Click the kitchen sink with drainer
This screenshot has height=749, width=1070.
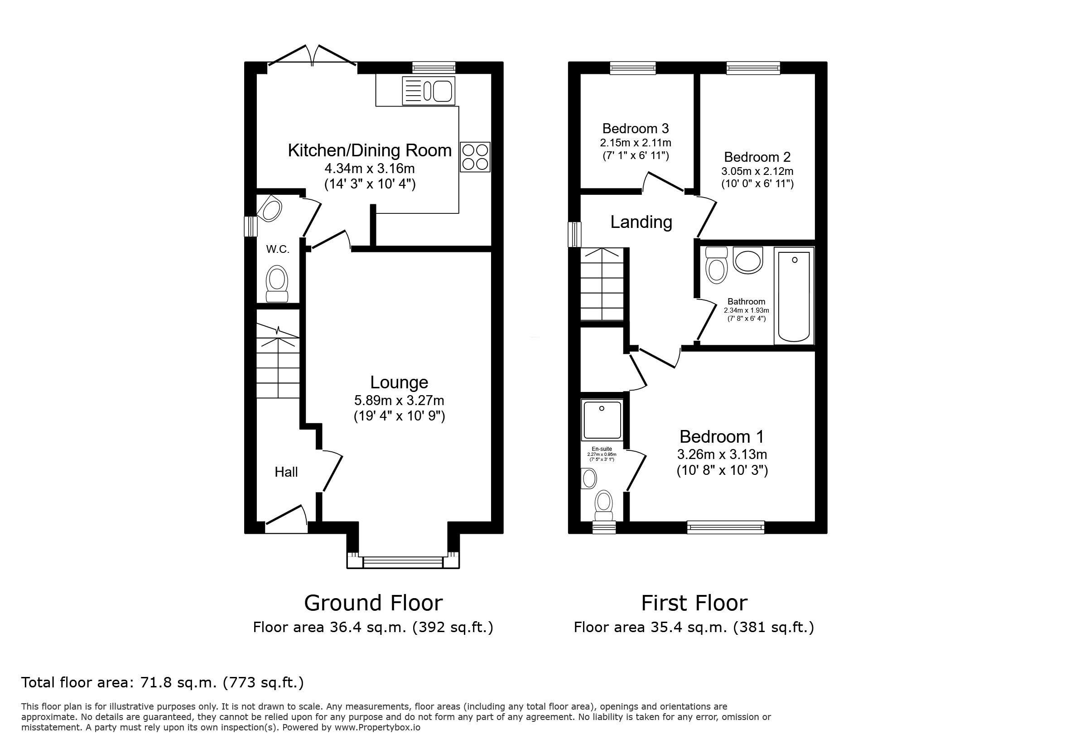(x=428, y=91)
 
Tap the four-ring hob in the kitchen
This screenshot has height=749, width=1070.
(x=475, y=157)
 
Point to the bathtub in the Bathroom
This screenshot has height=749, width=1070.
(x=794, y=296)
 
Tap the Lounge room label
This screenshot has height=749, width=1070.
(x=399, y=382)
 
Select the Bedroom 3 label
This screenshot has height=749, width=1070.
(x=635, y=128)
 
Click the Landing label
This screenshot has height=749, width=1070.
(x=641, y=222)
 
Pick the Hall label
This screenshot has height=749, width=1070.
(x=286, y=472)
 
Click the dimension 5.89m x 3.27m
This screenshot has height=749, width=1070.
(x=399, y=401)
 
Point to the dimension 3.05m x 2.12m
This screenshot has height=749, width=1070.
(x=757, y=171)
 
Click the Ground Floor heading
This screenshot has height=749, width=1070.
(x=373, y=603)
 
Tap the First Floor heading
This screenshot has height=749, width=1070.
(x=694, y=603)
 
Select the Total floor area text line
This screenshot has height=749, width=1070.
(x=162, y=682)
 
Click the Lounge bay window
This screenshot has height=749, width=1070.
(x=403, y=563)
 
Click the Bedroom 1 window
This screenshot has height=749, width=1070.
(x=726, y=527)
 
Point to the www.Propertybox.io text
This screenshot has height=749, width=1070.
(x=377, y=727)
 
